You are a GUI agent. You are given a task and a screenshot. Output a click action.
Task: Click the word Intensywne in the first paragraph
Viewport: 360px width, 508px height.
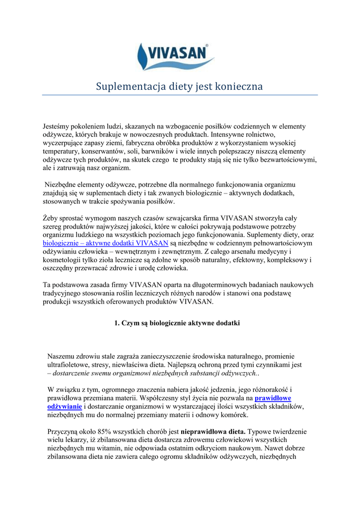(x=230, y=134)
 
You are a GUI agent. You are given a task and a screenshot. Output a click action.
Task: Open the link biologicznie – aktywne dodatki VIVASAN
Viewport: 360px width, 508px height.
(x=105, y=243)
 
